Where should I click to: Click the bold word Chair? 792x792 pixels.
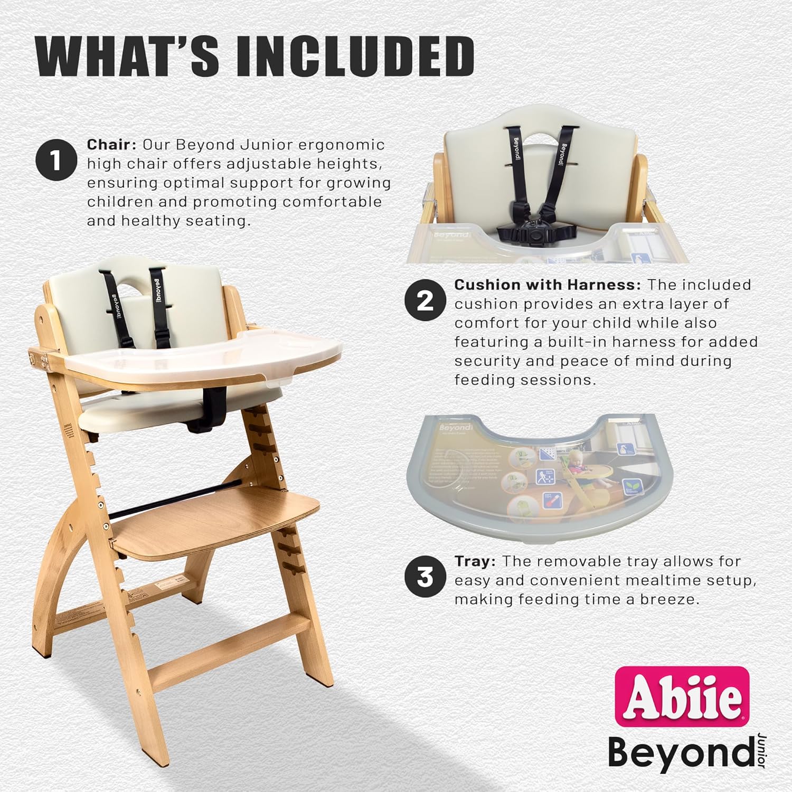click(x=111, y=145)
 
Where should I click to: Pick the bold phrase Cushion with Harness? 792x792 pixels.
click(x=548, y=285)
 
